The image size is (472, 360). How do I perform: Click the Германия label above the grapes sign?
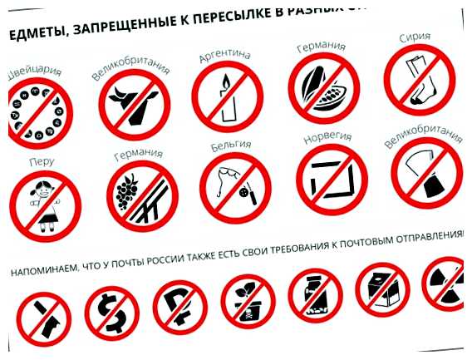tap(139, 155)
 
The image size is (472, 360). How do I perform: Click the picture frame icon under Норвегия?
tap(331, 176)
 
